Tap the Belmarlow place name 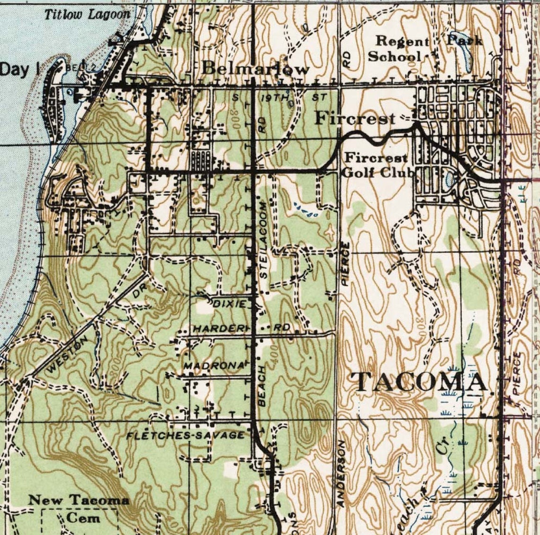coord(255,69)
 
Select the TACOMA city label coord(421,382)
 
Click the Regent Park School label coord(417,48)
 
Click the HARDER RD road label coord(241,328)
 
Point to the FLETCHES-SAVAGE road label coord(186,435)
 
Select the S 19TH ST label coord(279,98)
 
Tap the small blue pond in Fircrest coord(449,179)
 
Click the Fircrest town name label coord(355,118)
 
